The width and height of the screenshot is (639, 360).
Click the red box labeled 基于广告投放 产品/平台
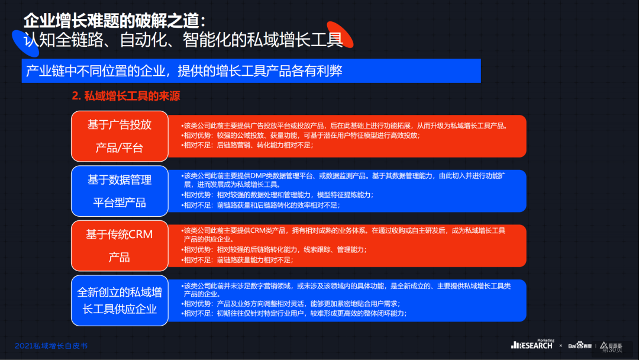click(120, 136)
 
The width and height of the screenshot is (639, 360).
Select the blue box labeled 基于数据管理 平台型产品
click(120, 191)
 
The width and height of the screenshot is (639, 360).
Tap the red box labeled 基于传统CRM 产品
click(120, 246)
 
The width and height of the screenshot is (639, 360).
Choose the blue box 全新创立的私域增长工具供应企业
click(120, 300)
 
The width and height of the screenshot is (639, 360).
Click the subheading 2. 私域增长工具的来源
click(126, 96)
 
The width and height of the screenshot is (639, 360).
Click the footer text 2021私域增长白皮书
click(51, 346)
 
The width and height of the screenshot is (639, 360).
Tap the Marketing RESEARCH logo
click(532, 344)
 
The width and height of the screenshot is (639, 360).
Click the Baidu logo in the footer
click(580, 345)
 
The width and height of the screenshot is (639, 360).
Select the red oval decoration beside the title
click(340, 35)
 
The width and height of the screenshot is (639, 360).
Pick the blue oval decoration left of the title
click(25, 43)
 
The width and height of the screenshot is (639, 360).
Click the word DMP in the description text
click(258, 176)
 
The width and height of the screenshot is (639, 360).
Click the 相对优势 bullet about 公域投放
click(301, 136)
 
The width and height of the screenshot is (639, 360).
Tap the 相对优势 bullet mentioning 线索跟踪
click(274, 249)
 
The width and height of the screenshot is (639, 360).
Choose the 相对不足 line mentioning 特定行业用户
click(294, 314)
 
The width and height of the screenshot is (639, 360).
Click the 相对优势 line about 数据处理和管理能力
click(277, 195)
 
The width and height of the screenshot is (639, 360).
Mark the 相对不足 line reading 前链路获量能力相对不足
click(237, 260)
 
